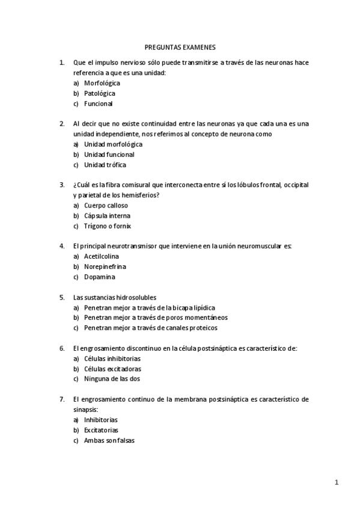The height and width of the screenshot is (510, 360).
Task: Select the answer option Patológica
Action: click(x=100, y=93)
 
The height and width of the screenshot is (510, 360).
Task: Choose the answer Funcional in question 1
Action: click(x=99, y=103)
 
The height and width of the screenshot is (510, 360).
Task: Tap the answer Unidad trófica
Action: click(x=105, y=165)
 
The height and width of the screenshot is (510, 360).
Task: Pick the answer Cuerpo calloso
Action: click(x=106, y=205)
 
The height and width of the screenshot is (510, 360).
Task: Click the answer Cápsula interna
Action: click(x=107, y=215)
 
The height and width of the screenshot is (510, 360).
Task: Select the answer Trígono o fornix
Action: click(x=108, y=226)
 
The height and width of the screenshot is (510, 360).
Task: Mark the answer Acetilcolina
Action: click(x=102, y=256)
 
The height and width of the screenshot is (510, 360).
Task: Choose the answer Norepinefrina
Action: click(x=105, y=266)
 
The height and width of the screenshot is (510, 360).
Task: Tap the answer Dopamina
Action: click(x=100, y=277)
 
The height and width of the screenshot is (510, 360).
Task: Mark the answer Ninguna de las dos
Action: click(x=112, y=379)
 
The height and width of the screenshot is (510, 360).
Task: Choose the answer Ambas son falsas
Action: click(x=109, y=440)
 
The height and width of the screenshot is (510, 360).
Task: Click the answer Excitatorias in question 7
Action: click(x=101, y=430)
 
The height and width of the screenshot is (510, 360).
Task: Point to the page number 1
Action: click(x=337, y=482)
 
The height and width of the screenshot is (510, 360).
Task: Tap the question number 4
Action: click(x=62, y=246)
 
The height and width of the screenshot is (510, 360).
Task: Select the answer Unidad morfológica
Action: click(x=113, y=144)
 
